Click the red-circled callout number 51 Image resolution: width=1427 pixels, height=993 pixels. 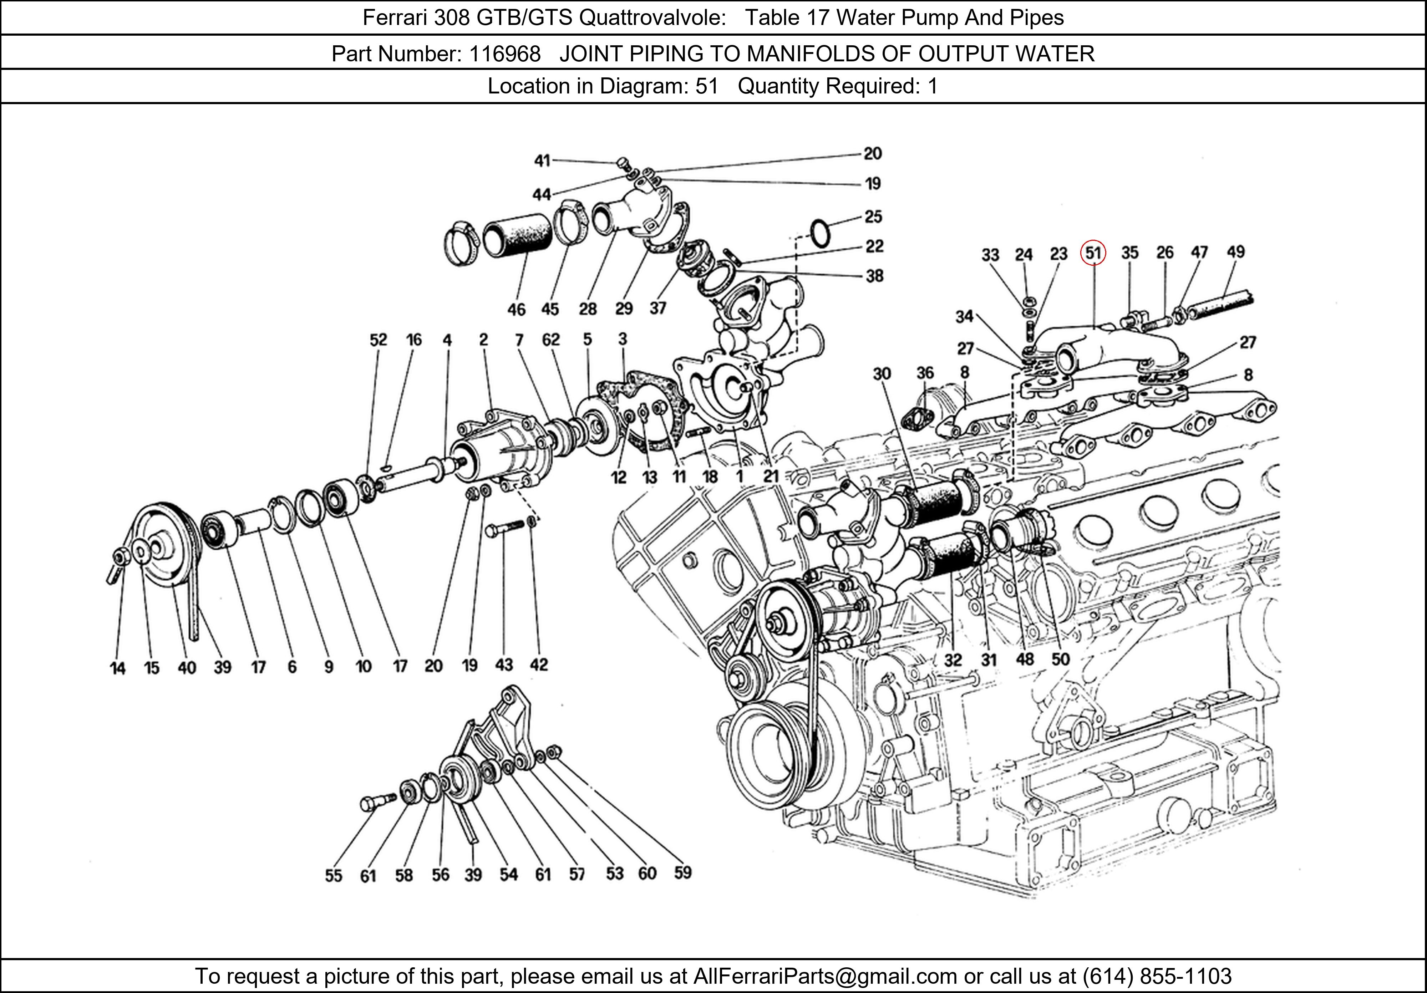(1093, 253)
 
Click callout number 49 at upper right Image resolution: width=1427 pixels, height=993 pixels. (1235, 252)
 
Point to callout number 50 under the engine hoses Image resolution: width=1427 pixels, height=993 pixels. (1060, 659)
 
